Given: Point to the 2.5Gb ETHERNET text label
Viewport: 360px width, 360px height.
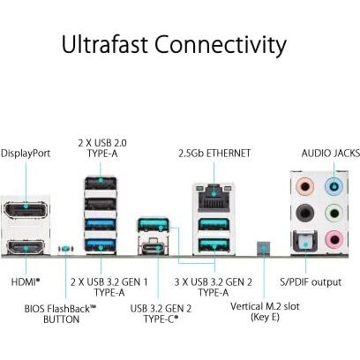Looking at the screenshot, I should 214,153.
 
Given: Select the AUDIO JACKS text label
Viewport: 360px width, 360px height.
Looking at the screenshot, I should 330,153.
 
